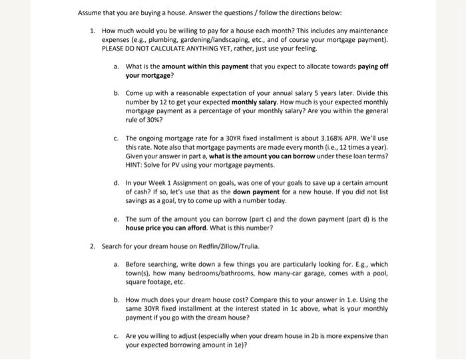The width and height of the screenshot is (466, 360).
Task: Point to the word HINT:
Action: pyautogui.click(x=136, y=164)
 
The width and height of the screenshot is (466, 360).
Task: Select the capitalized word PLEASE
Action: pyautogui.click(x=115, y=49)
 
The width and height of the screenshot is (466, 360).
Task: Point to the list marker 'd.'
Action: pyautogui.click(x=116, y=182)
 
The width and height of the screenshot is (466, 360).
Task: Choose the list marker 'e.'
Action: pyautogui.click(x=116, y=219)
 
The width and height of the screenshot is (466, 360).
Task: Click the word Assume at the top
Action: pyautogui.click(x=90, y=13)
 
